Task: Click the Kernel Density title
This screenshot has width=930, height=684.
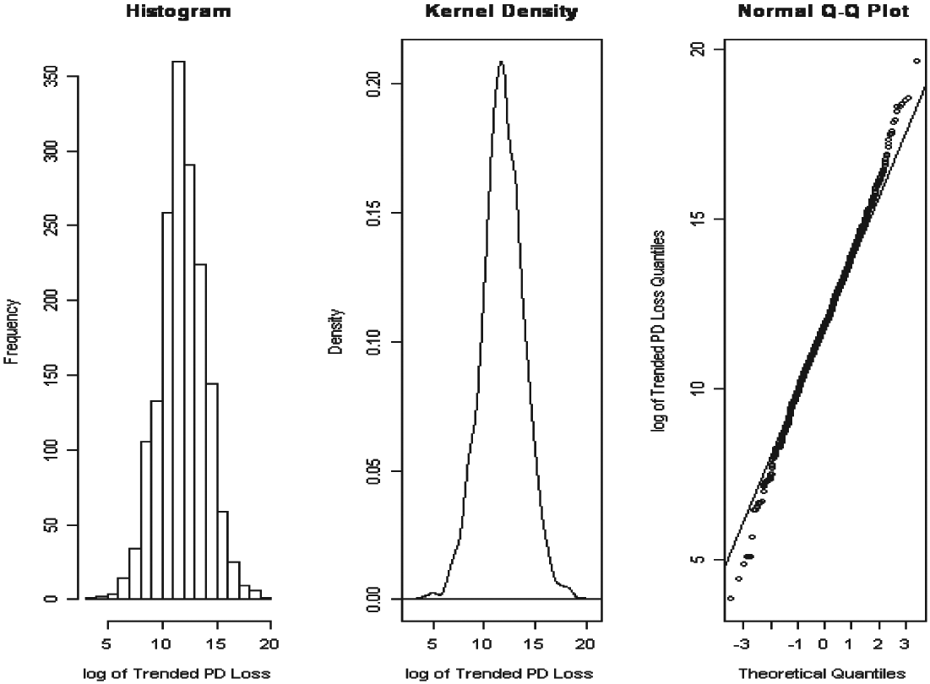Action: click(500, 12)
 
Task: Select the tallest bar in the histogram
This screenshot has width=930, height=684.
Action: click(178, 329)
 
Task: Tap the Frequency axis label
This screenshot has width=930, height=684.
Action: click(11, 338)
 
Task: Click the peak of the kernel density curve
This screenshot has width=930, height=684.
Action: click(501, 62)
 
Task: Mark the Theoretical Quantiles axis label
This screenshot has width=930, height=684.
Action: click(823, 673)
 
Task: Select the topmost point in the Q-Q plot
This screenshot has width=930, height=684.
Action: click(917, 61)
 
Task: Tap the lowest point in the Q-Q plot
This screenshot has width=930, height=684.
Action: click(731, 598)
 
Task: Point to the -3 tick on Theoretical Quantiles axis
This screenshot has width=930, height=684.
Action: click(742, 646)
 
